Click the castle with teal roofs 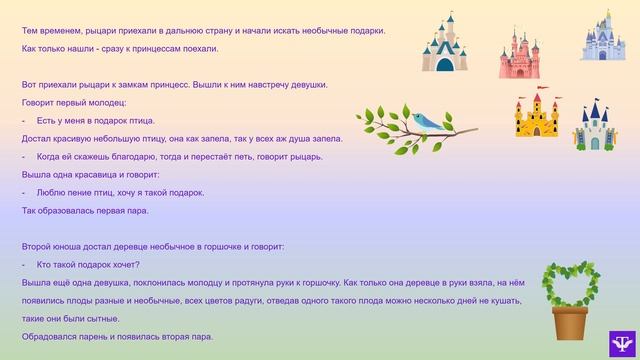(444, 44)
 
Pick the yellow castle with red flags (537, 118)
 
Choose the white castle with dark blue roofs (596, 125)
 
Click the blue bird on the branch (427, 122)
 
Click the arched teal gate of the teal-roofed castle (444, 64)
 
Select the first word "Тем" (29, 30)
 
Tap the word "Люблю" (49, 192)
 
